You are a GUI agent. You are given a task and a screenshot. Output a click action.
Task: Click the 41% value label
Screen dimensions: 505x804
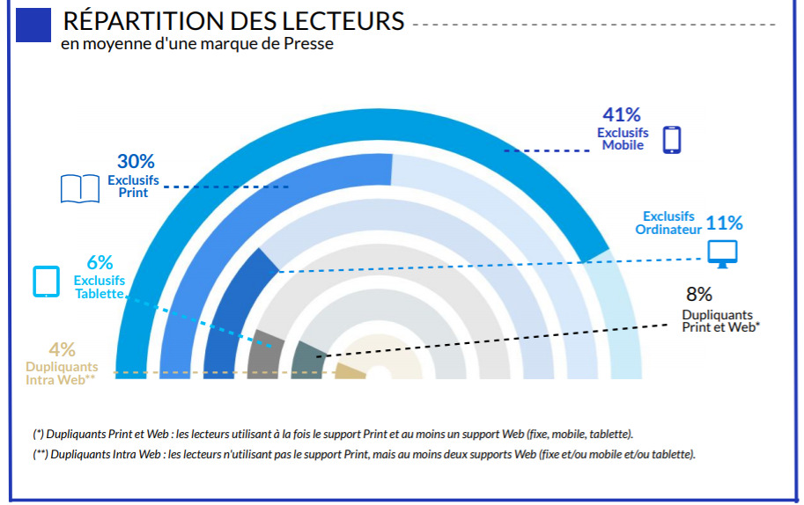(622, 114)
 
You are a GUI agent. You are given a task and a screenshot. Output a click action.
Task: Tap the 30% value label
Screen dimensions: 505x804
(136, 162)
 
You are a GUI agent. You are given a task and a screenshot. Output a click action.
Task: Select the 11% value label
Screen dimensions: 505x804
(724, 223)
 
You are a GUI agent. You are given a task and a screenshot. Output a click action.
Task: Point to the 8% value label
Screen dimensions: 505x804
(698, 295)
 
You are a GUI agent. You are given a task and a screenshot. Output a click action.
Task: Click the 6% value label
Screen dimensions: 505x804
(100, 262)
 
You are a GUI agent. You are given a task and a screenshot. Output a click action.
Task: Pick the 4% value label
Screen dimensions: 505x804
(62, 349)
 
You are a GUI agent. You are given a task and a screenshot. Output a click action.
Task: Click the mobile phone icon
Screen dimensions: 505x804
(672, 139)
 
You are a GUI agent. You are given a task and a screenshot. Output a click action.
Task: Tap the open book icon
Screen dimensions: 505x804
(80, 188)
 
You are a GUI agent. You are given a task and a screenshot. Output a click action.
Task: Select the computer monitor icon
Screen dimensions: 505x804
(723, 252)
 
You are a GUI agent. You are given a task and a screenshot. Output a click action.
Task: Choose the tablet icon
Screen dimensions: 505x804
(46, 281)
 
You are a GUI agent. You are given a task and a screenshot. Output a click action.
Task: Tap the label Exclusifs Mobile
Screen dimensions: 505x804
(623, 139)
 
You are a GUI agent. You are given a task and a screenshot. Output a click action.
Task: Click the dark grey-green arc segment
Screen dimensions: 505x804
(309, 359)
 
